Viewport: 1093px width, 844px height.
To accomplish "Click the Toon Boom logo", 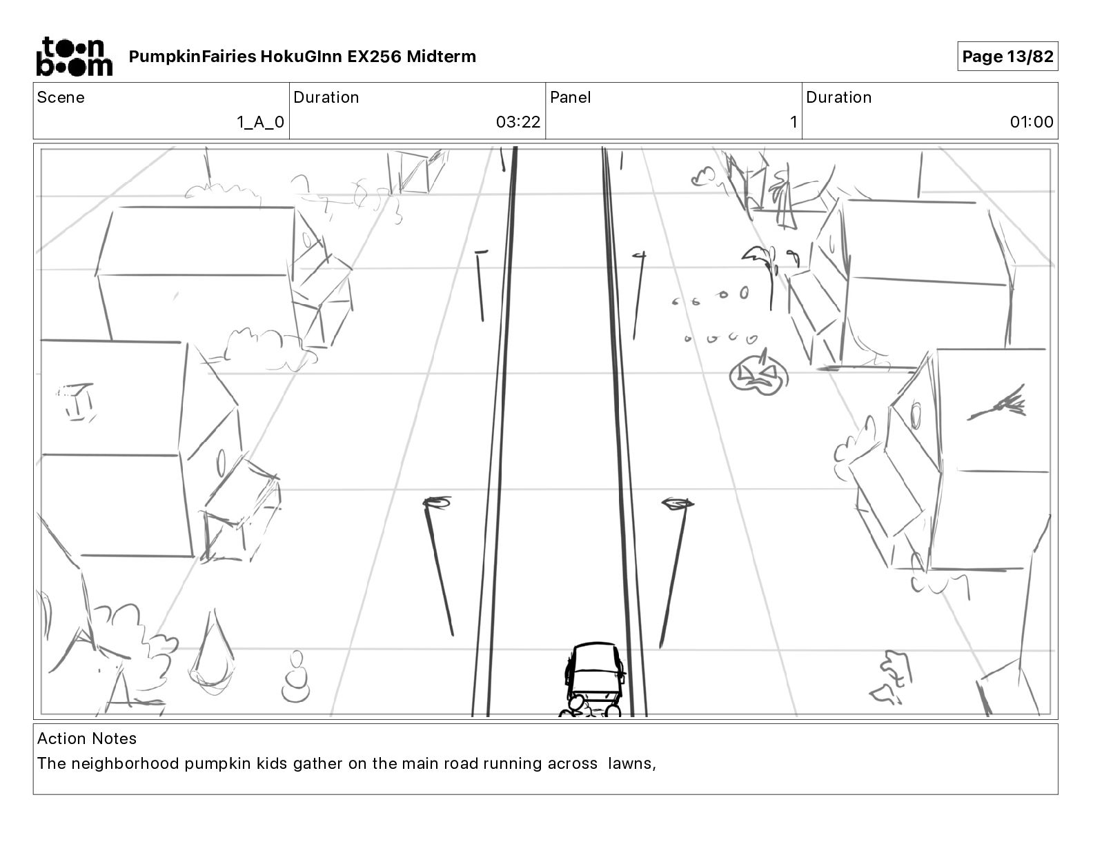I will coord(74,56).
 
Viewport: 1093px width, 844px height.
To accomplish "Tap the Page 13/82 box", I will coord(1007,57).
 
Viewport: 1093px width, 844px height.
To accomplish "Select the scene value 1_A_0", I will coord(260,123).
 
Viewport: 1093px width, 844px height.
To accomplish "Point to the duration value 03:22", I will coord(518,123).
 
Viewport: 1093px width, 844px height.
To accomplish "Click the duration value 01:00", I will coord(1032,123).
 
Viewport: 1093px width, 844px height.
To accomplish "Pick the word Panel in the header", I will coord(571,97).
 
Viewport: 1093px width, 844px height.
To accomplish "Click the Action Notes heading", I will coord(87,738).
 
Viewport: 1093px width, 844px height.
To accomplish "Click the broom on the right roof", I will coord(999,407).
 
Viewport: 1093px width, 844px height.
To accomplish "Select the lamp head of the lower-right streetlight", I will coord(677,503).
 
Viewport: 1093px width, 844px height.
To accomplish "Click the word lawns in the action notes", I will coord(629,764).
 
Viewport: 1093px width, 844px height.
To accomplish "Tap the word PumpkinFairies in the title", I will coord(192,57).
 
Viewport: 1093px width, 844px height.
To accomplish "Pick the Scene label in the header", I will coord(61,97).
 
